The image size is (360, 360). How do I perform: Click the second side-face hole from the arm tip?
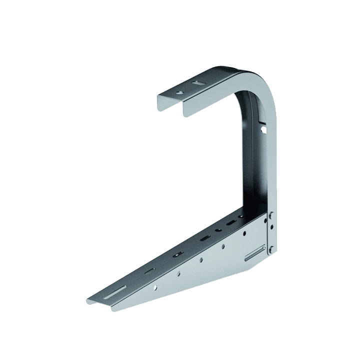point(178,273)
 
